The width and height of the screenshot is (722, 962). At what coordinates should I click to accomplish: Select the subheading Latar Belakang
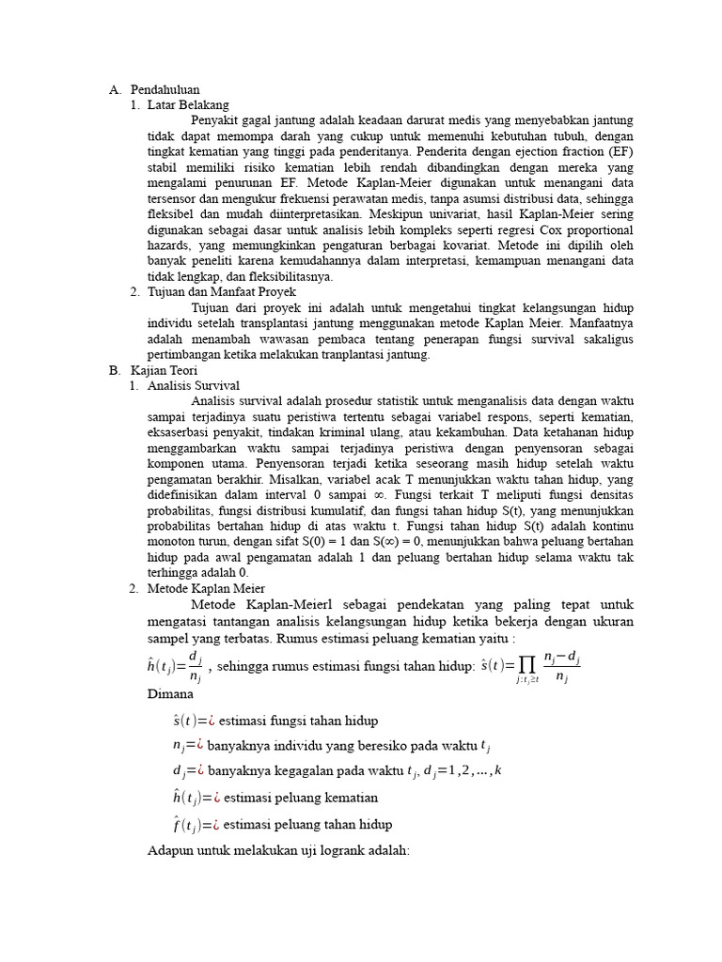(x=188, y=105)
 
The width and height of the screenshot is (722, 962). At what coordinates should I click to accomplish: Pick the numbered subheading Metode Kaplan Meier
(x=206, y=588)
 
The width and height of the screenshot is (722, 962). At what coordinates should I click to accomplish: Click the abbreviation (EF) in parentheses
(x=620, y=151)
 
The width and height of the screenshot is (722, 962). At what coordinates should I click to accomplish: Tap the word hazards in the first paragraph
(x=169, y=246)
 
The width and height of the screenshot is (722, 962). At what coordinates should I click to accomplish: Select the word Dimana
(x=171, y=694)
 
